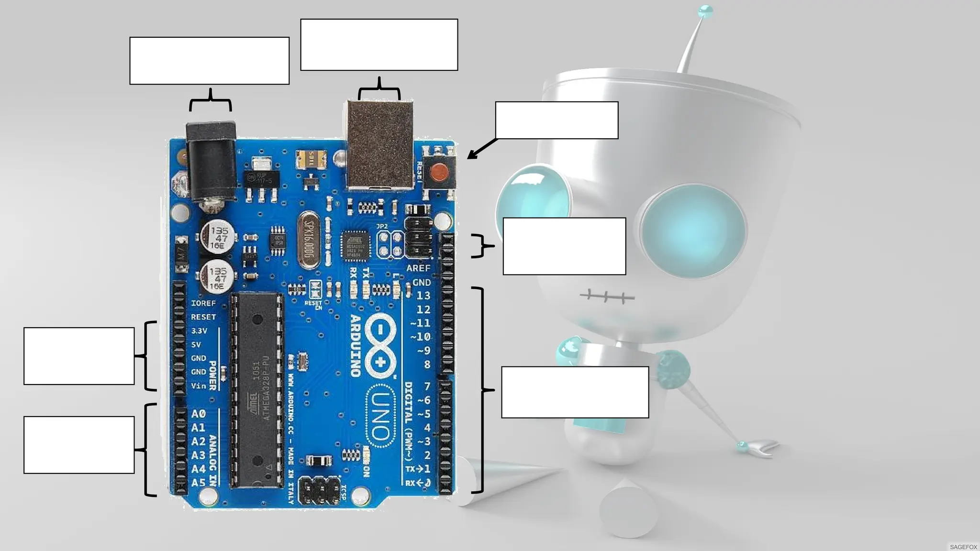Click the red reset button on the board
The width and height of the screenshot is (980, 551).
pos(439,172)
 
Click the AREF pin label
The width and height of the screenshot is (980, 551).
pos(418,268)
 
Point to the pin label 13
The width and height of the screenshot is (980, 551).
pos(423,296)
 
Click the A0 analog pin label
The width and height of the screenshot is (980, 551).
pos(198,414)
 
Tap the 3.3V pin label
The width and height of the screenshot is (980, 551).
pos(199,331)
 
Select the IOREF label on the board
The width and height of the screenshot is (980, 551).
pos(203,303)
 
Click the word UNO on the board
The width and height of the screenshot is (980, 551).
pos(380,416)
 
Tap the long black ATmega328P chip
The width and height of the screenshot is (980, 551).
pos(257,390)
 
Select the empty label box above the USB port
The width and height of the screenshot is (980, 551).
pos(379,45)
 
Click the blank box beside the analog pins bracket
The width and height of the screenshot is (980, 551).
pos(79,445)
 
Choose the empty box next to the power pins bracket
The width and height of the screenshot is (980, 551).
pos(79,356)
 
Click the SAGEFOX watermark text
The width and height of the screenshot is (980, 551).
pos(963,547)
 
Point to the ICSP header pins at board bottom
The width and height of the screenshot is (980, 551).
pos(319,490)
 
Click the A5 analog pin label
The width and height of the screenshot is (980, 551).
pos(198,483)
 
